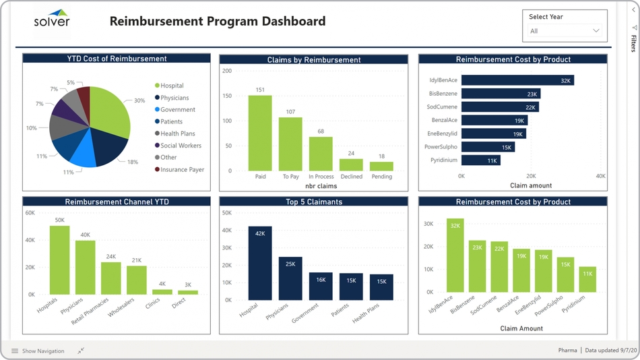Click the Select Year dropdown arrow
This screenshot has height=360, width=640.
(x=596, y=31)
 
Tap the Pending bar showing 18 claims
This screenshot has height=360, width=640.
(x=381, y=166)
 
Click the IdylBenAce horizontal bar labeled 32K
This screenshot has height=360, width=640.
(x=517, y=80)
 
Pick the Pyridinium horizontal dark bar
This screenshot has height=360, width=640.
(x=480, y=160)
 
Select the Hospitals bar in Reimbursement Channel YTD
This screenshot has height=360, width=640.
(x=60, y=260)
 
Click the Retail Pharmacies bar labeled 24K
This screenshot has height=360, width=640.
(x=111, y=278)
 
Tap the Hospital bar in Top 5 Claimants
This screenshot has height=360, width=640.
(x=260, y=263)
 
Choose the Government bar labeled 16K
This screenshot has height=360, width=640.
(x=321, y=286)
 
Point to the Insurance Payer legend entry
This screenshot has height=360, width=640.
(x=182, y=170)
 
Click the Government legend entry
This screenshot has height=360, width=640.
(x=177, y=110)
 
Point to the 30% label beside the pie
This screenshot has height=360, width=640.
(x=139, y=100)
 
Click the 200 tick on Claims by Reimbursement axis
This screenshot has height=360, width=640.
(x=227, y=71)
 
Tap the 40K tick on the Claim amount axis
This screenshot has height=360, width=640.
(x=601, y=176)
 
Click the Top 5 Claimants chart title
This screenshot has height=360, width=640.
(x=313, y=202)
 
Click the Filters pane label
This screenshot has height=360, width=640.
(x=633, y=43)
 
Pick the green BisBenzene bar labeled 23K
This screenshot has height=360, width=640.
(x=478, y=266)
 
